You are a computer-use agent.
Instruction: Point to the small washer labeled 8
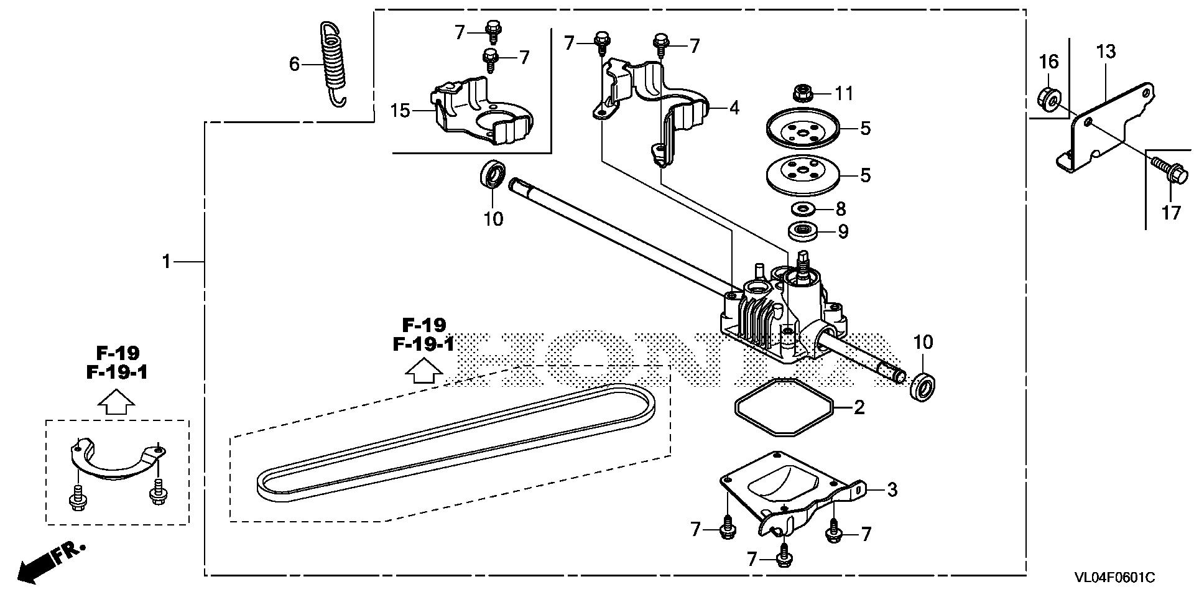[803, 208]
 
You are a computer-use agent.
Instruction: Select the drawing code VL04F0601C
[1114, 578]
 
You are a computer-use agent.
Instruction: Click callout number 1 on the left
[166, 262]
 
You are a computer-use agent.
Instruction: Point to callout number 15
[400, 111]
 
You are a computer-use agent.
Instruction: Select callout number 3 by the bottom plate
[892, 489]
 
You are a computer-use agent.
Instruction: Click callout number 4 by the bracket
[734, 108]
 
